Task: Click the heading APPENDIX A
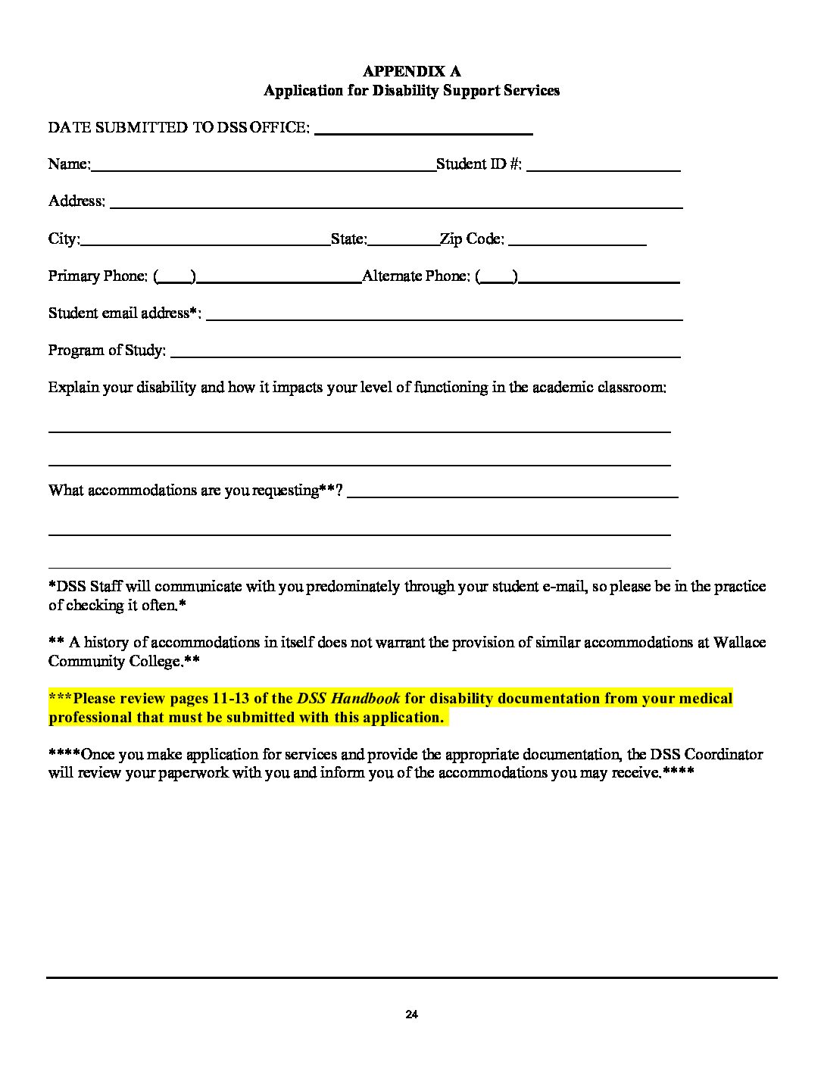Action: coord(411,71)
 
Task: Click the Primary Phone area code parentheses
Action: coord(175,277)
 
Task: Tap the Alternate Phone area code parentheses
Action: coord(498,277)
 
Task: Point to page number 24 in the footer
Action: coord(412,1015)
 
